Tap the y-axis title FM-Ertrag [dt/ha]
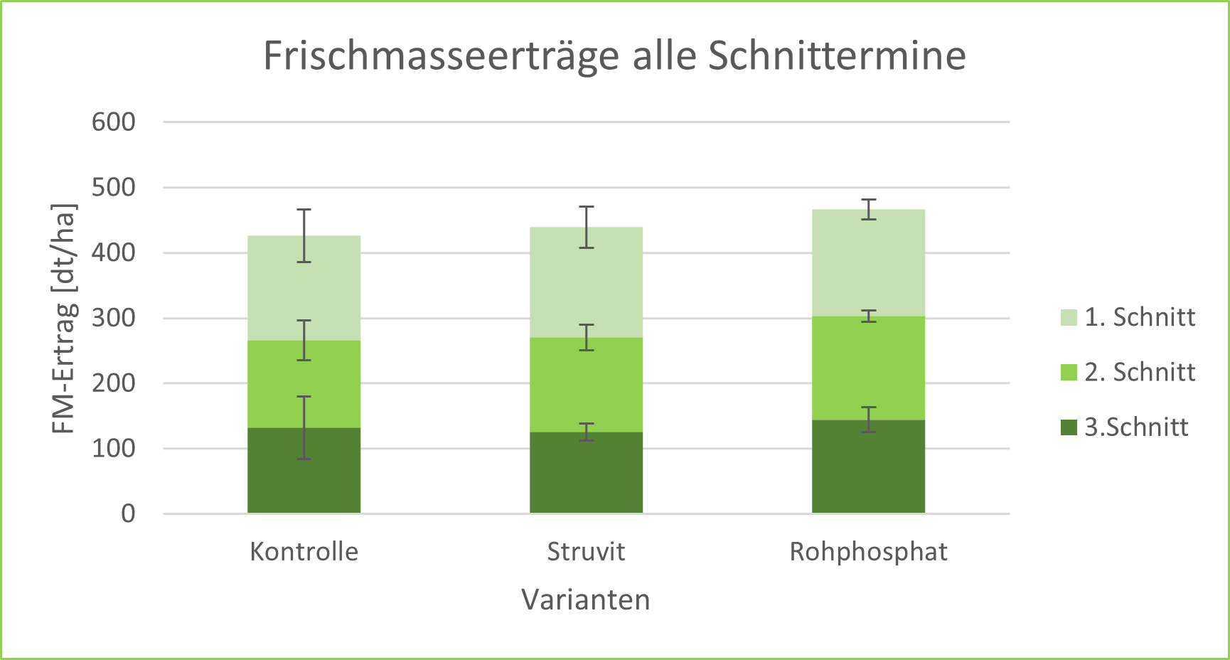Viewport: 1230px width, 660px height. pos(64,319)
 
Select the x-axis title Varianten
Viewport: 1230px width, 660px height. pos(586,600)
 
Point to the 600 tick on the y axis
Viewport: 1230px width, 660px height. pos(114,122)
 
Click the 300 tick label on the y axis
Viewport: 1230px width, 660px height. pos(114,318)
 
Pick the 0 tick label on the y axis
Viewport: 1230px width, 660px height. pos(128,513)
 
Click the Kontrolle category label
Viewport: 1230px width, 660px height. pos(304,552)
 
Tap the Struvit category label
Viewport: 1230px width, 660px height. pos(586,552)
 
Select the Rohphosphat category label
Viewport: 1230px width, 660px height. pos(868,552)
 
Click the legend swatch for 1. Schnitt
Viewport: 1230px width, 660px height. pos(1069,317)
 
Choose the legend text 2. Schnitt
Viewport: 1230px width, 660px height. pos(1140,372)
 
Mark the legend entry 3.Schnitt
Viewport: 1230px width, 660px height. pos(1135,427)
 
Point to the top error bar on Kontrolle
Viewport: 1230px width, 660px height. pos(304,235)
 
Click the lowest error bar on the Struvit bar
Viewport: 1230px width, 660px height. pos(586,432)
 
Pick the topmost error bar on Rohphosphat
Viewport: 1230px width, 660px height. pos(868,209)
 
